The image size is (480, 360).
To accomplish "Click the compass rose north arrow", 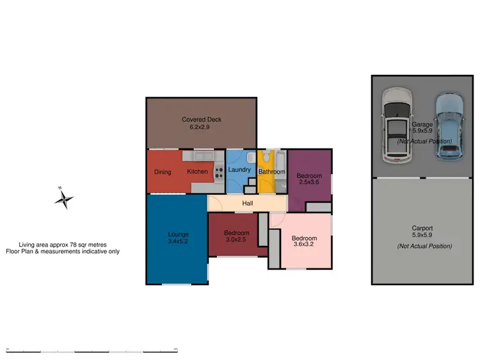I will point(64,199).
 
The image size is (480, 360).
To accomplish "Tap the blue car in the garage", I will point(448,126).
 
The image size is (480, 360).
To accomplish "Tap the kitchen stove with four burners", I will point(219,172).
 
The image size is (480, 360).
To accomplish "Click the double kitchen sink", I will point(204,156).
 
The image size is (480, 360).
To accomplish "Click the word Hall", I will point(247,204).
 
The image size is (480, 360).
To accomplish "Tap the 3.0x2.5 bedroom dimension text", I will point(236,241).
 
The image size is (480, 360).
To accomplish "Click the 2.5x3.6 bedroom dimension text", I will point(310,182).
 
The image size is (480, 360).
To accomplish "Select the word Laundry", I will point(239,170).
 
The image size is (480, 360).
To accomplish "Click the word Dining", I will point(162,172).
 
